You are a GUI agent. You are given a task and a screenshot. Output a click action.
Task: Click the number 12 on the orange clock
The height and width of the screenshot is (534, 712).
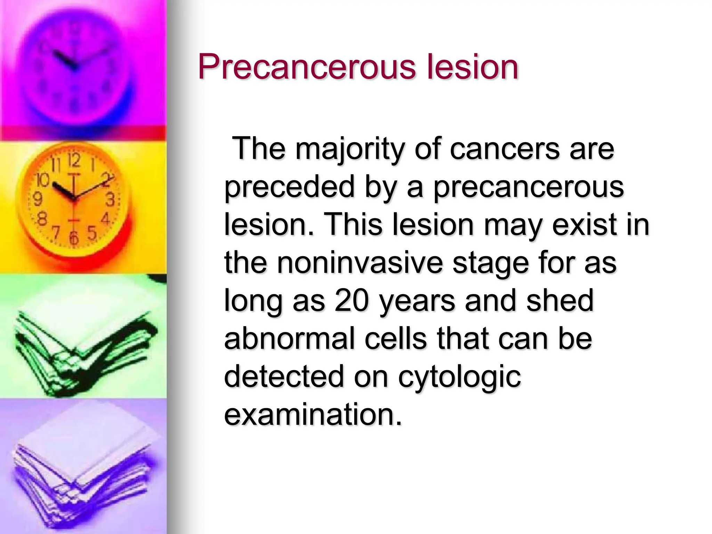[x=74, y=160]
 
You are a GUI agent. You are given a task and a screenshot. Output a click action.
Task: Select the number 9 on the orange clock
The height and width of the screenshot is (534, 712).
[x=37, y=199]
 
